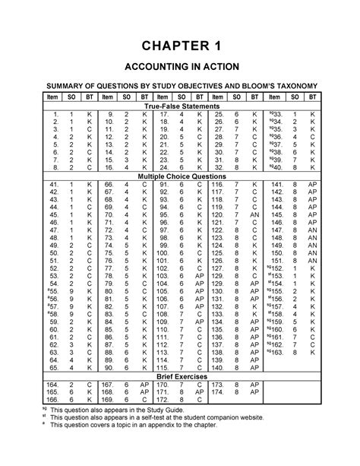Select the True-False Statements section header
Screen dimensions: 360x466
point(179,109)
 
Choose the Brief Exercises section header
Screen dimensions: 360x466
point(179,377)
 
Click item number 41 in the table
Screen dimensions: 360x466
point(53,185)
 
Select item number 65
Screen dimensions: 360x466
point(53,368)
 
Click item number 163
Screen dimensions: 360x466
point(277,353)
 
